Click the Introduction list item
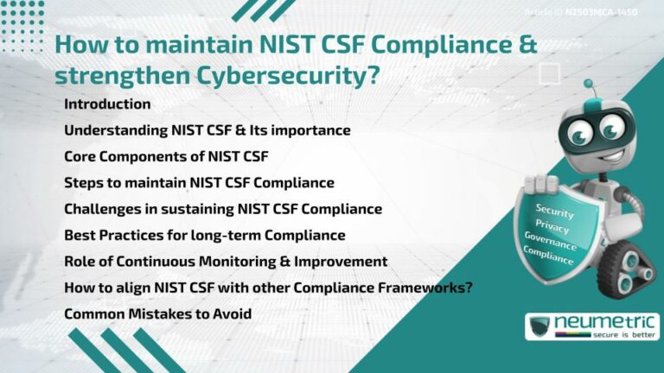pyautogui.click(x=107, y=104)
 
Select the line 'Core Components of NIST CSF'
pyautogui.click(x=167, y=156)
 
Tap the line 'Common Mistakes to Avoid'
pyautogui.click(x=157, y=313)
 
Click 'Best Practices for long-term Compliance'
pyautogui.click(x=205, y=235)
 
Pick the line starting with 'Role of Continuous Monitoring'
pyautogui.click(x=226, y=261)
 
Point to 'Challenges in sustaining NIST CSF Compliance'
pyautogui.click(x=223, y=209)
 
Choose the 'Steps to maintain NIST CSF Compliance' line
pyautogui.click(x=199, y=182)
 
